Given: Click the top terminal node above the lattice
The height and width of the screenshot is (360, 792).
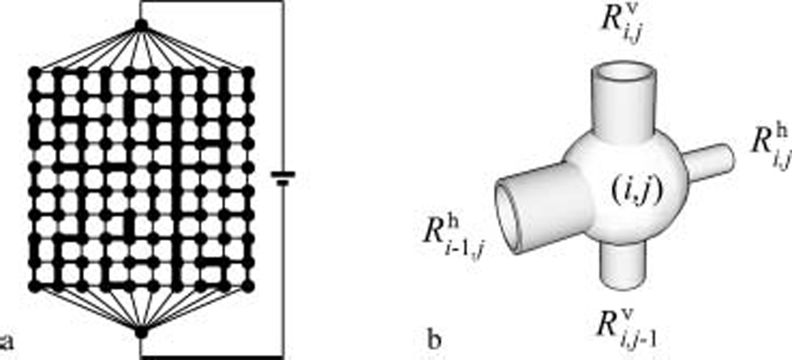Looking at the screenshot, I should tap(141, 25).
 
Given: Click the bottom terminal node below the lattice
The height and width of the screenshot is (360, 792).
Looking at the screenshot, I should tap(141, 332).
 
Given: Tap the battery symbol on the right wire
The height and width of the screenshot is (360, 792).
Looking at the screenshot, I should tap(283, 179).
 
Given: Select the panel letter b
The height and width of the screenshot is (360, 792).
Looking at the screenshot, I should tap(434, 341).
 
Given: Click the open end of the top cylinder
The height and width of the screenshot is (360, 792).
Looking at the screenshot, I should tap(623, 74).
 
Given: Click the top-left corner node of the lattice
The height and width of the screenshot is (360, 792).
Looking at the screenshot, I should tap(35, 72).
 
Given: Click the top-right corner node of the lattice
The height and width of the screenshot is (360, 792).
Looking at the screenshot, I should tap(249, 72).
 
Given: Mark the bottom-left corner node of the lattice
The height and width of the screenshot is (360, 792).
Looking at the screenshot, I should tap(35, 286).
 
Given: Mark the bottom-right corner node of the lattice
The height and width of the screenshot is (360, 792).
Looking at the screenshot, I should tap(249, 286).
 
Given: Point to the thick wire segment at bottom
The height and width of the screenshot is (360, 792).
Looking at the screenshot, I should tap(212, 357).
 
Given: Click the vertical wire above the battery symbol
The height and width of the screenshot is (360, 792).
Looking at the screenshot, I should tap(283, 85).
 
